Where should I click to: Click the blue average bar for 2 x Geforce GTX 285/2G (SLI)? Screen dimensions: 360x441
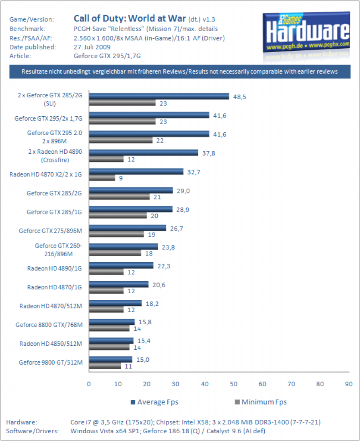(x=159, y=96)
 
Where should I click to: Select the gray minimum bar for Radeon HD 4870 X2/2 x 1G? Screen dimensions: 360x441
(x=102, y=178)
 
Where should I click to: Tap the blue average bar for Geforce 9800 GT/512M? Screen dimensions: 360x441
(x=111, y=360)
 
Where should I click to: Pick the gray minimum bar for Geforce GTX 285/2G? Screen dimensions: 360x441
(x=119, y=196)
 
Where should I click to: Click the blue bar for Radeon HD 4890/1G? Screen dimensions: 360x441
(x=121, y=265)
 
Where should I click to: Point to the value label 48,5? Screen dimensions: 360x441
(x=240, y=97)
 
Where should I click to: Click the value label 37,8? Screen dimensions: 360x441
(x=209, y=153)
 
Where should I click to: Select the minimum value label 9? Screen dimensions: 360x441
(x=121, y=178)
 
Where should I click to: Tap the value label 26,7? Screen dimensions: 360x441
(x=176, y=229)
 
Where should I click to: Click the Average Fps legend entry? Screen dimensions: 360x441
(x=154, y=402)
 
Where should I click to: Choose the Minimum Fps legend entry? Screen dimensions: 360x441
(x=261, y=402)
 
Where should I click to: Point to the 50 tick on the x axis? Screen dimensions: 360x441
(x=234, y=384)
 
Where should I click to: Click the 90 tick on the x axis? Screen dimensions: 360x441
(x=349, y=384)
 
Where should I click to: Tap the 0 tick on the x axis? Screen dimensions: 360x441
(x=89, y=384)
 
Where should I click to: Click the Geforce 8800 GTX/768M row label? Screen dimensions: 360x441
(x=49, y=325)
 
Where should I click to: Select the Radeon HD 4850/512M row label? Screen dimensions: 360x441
(x=51, y=344)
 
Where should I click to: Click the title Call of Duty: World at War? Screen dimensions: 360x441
(x=130, y=18)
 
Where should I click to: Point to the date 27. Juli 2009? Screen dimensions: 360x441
(x=92, y=47)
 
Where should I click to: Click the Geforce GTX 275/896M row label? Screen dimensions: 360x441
(x=51, y=231)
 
